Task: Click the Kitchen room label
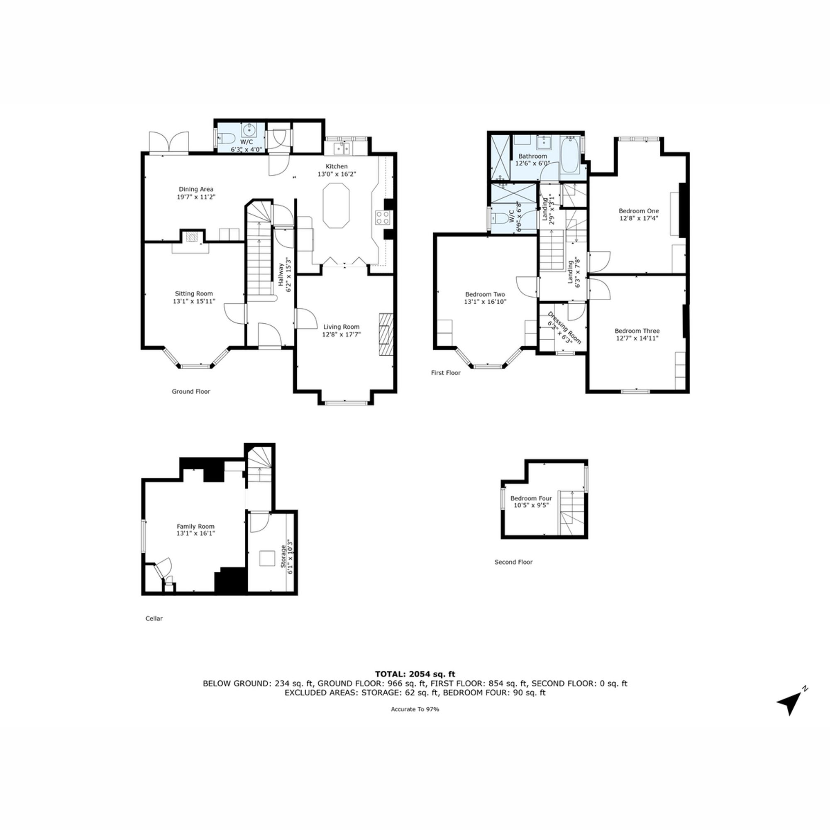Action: [337, 166]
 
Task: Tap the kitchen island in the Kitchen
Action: [336, 205]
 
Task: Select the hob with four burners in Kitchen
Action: [382, 218]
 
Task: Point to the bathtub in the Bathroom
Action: [570, 156]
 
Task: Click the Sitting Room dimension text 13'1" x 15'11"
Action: [194, 302]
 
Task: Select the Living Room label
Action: [341, 327]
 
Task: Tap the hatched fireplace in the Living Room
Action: [386, 334]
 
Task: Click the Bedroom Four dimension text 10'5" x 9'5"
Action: [531, 505]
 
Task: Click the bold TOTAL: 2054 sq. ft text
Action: [415, 674]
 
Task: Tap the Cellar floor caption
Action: [154, 619]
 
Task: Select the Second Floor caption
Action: [513, 562]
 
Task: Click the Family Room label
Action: [195, 526]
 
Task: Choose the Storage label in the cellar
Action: [283, 557]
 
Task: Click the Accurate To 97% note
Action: [415, 709]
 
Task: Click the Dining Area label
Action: [196, 189]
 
